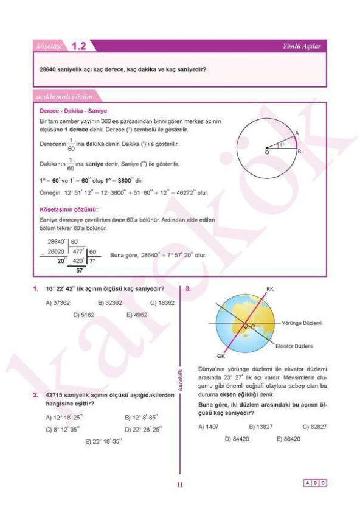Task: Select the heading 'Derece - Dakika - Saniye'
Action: pyautogui.click(x=73, y=111)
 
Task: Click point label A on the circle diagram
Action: pyautogui.click(x=296, y=132)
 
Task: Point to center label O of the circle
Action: pyautogui.click(x=266, y=153)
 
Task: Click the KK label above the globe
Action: pyautogui.click(x=270, y=289)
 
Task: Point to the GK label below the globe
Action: pyautogui.click(x=221, y=355)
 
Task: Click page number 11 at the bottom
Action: pyautogui.click(x=179, y=485)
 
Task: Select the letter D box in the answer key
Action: pyautogui.click(x=323, y=483)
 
